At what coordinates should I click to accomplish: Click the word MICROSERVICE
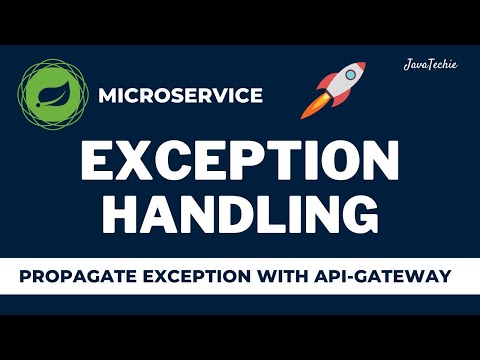pyautogui.click(x=181, y=96)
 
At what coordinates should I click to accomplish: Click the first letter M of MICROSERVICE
pyautogui.click(x=107, y=96)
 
